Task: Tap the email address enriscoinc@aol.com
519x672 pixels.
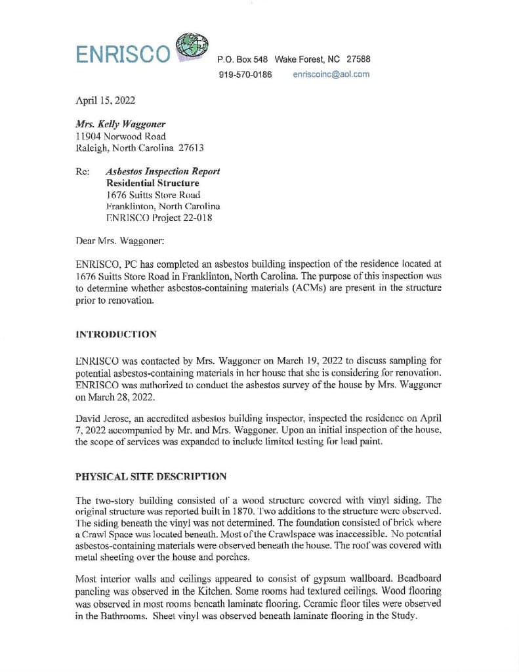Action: (331, 74)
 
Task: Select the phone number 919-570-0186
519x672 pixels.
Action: (245, 74)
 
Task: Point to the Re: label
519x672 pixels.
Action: (83, 171)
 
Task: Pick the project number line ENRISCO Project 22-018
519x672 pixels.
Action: (158, 219)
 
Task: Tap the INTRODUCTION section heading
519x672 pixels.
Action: (116, 334)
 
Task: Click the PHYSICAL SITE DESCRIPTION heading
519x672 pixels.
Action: (151, 476)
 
